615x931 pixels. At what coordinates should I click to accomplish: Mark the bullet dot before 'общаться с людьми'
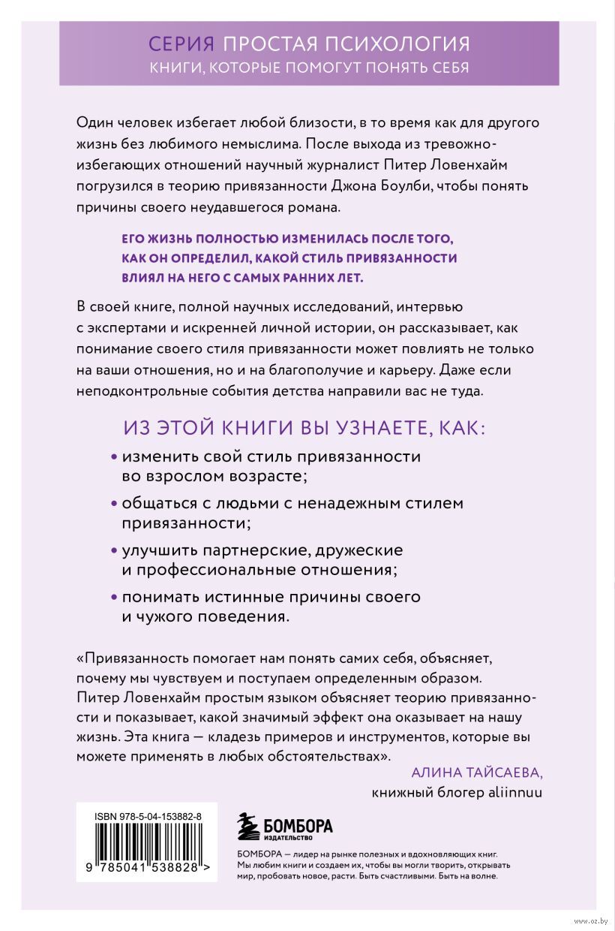coord(114,502)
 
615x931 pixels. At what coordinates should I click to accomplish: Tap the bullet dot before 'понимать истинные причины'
coord(114,598)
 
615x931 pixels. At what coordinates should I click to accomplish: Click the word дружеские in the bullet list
coord(351,549)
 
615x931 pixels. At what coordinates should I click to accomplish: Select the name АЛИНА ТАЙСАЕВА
coord(476,774)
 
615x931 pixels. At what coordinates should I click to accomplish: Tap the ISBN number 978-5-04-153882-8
coord(147,812)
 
